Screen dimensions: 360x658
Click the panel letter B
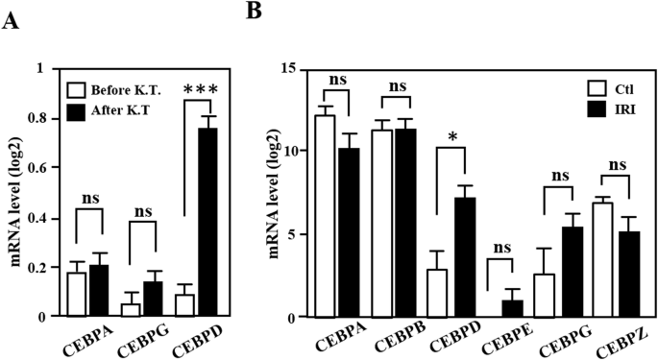click(x=256, y=12)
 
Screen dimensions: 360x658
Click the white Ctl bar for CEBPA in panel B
click(x=325, y=216)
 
